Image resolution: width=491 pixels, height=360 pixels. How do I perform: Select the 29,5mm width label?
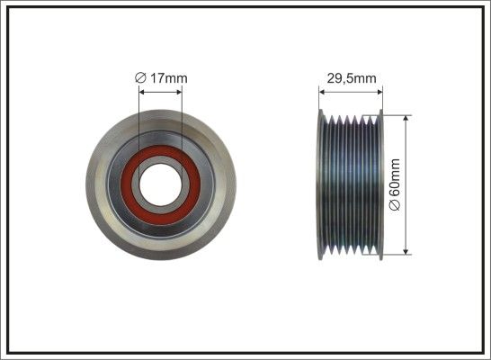(x=352, y=78)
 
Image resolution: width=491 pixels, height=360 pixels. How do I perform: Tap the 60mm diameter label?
(x=395, y=184)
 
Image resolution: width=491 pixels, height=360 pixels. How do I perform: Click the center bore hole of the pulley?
(x=160, y=184)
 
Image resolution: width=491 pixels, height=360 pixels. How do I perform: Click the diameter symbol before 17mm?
(x=140, y=78)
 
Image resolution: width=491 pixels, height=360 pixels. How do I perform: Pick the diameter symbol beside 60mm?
(x=395, y=205)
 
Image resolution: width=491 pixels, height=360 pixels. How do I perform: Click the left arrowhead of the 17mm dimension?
(x=142, y=92)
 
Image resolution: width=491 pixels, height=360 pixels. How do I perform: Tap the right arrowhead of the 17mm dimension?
(x=178, y=92)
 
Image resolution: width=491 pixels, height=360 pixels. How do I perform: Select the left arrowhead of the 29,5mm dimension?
(x=322, y=92)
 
